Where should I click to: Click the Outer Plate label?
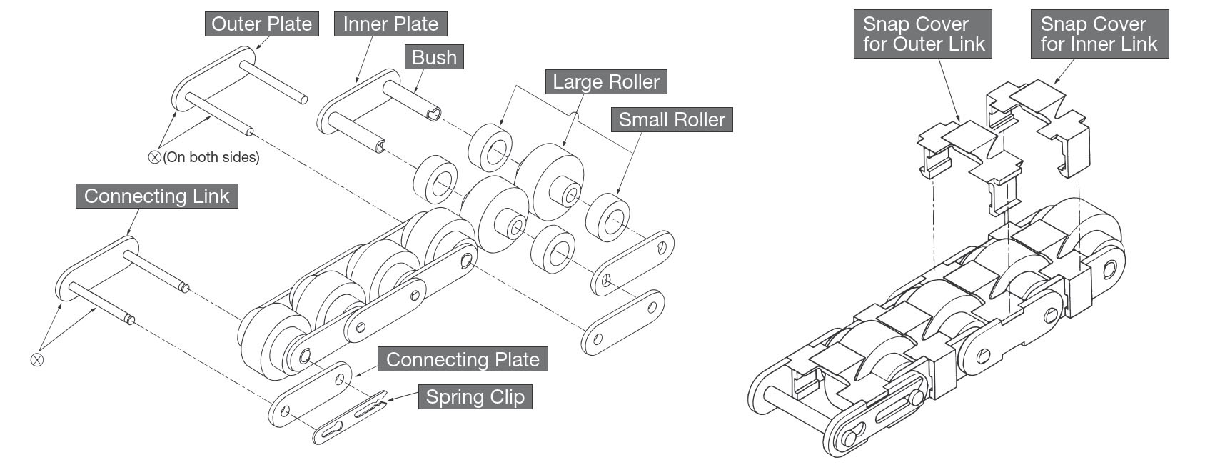(x=261, y=24)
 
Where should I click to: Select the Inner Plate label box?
(x=390, y=24)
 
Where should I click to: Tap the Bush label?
(x=434, y=57)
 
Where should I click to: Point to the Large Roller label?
(x=606, y=81)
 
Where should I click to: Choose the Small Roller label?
(x=671, y=119)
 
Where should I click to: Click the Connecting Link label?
(x=156, y=196)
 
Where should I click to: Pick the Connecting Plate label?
(x=463, y=359)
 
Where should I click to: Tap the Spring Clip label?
(x=475, y=397)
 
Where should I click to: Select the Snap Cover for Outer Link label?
(x=923, y=34)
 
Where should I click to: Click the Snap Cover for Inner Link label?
(x=1099, y=34)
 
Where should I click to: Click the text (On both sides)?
(x=211, y=157)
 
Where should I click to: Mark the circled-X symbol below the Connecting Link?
(x=37, y=359)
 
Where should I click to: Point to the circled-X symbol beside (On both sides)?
(x=154, y=157)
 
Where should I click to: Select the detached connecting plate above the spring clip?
(x=311, y=395)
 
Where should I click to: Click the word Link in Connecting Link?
(x=210, y=196)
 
